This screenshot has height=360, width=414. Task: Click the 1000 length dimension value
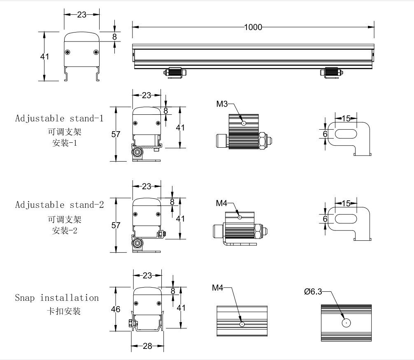(x=253, y=27)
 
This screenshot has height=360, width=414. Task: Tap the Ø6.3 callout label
(x=313, y=292)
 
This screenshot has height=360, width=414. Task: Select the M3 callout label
(x=222, y=104)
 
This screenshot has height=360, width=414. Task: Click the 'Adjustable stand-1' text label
(x=59, y=118)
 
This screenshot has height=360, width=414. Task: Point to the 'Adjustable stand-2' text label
(x=59, y=204)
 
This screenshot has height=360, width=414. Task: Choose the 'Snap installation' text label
(x=57, y=297)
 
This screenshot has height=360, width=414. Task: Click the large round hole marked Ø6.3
(x=346, y=323)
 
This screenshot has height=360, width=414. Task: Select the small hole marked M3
(x=244, y=122)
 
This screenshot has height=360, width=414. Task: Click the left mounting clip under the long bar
(x=176, y=72)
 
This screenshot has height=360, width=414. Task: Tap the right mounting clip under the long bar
(x=332, y=72)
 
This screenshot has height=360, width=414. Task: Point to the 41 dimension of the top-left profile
(x=44, y=56)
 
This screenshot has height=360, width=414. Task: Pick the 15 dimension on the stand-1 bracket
(x=346, y=118)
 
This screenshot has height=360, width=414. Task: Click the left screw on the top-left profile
(x=68, y=52)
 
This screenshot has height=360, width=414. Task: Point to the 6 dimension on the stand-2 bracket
(x=325, y=219)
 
